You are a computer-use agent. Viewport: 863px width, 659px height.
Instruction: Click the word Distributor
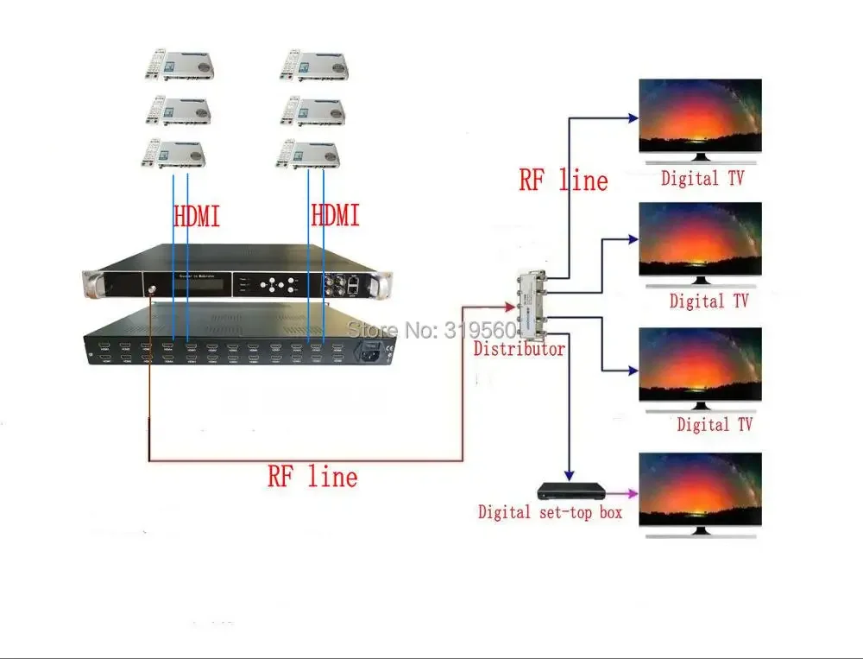(x=520, y=350)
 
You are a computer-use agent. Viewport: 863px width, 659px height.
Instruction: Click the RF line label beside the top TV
(x=563, y=180)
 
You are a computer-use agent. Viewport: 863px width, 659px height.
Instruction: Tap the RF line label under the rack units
(x=312, y=476)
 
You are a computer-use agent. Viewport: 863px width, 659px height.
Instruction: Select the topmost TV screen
(x=700, y=117)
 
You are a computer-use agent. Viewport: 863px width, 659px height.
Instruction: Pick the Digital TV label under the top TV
(x=702, y=180)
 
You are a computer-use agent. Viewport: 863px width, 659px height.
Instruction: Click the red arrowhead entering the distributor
(x=510, y=304)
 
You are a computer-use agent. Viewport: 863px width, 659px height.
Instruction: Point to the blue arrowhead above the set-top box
(x=568, y=473)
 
